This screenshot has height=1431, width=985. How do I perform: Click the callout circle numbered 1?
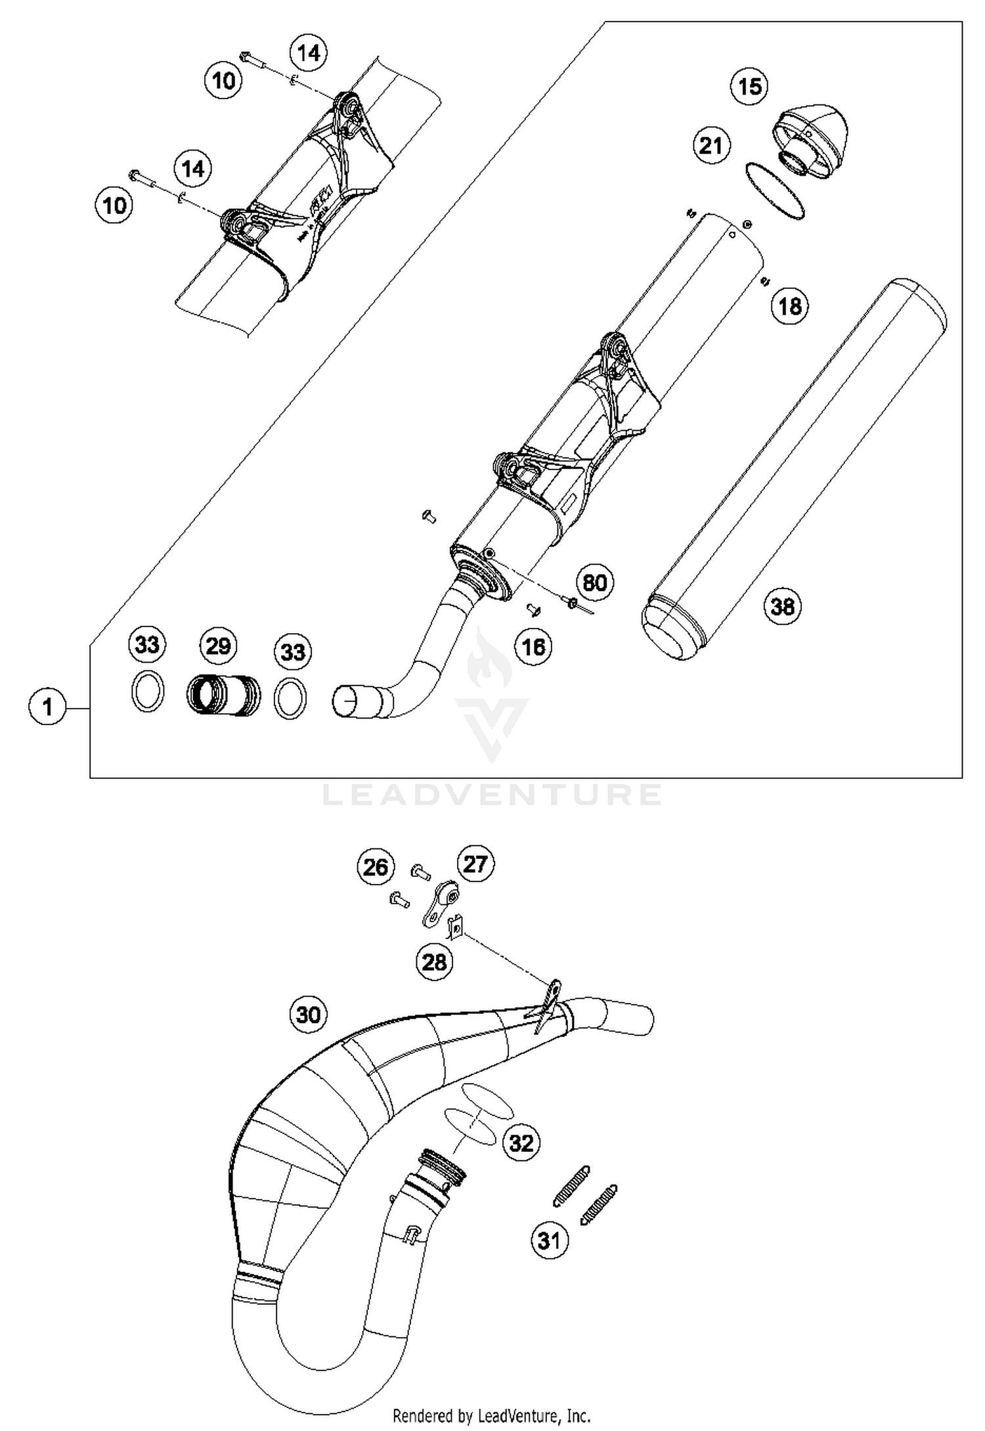(47, 707)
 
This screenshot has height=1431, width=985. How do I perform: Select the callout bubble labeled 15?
(750, 86)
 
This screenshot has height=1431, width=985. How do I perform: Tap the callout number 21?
(711, 145)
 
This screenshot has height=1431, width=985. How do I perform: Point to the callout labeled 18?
(789, 306)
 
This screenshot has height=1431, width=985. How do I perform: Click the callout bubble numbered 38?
(782, 606)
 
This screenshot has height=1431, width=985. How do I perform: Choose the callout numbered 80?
(595, 583)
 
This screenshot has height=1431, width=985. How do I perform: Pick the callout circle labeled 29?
(218, 646)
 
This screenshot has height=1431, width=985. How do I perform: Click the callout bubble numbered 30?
(308, 1015)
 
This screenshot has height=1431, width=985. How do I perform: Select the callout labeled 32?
(521, 1143)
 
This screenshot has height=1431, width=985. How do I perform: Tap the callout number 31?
(549, 1241)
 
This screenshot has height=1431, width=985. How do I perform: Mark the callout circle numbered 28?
(434, 962)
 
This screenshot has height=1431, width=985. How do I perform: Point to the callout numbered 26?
(376, 868)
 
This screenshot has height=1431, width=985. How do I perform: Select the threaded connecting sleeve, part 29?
(223, 697)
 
